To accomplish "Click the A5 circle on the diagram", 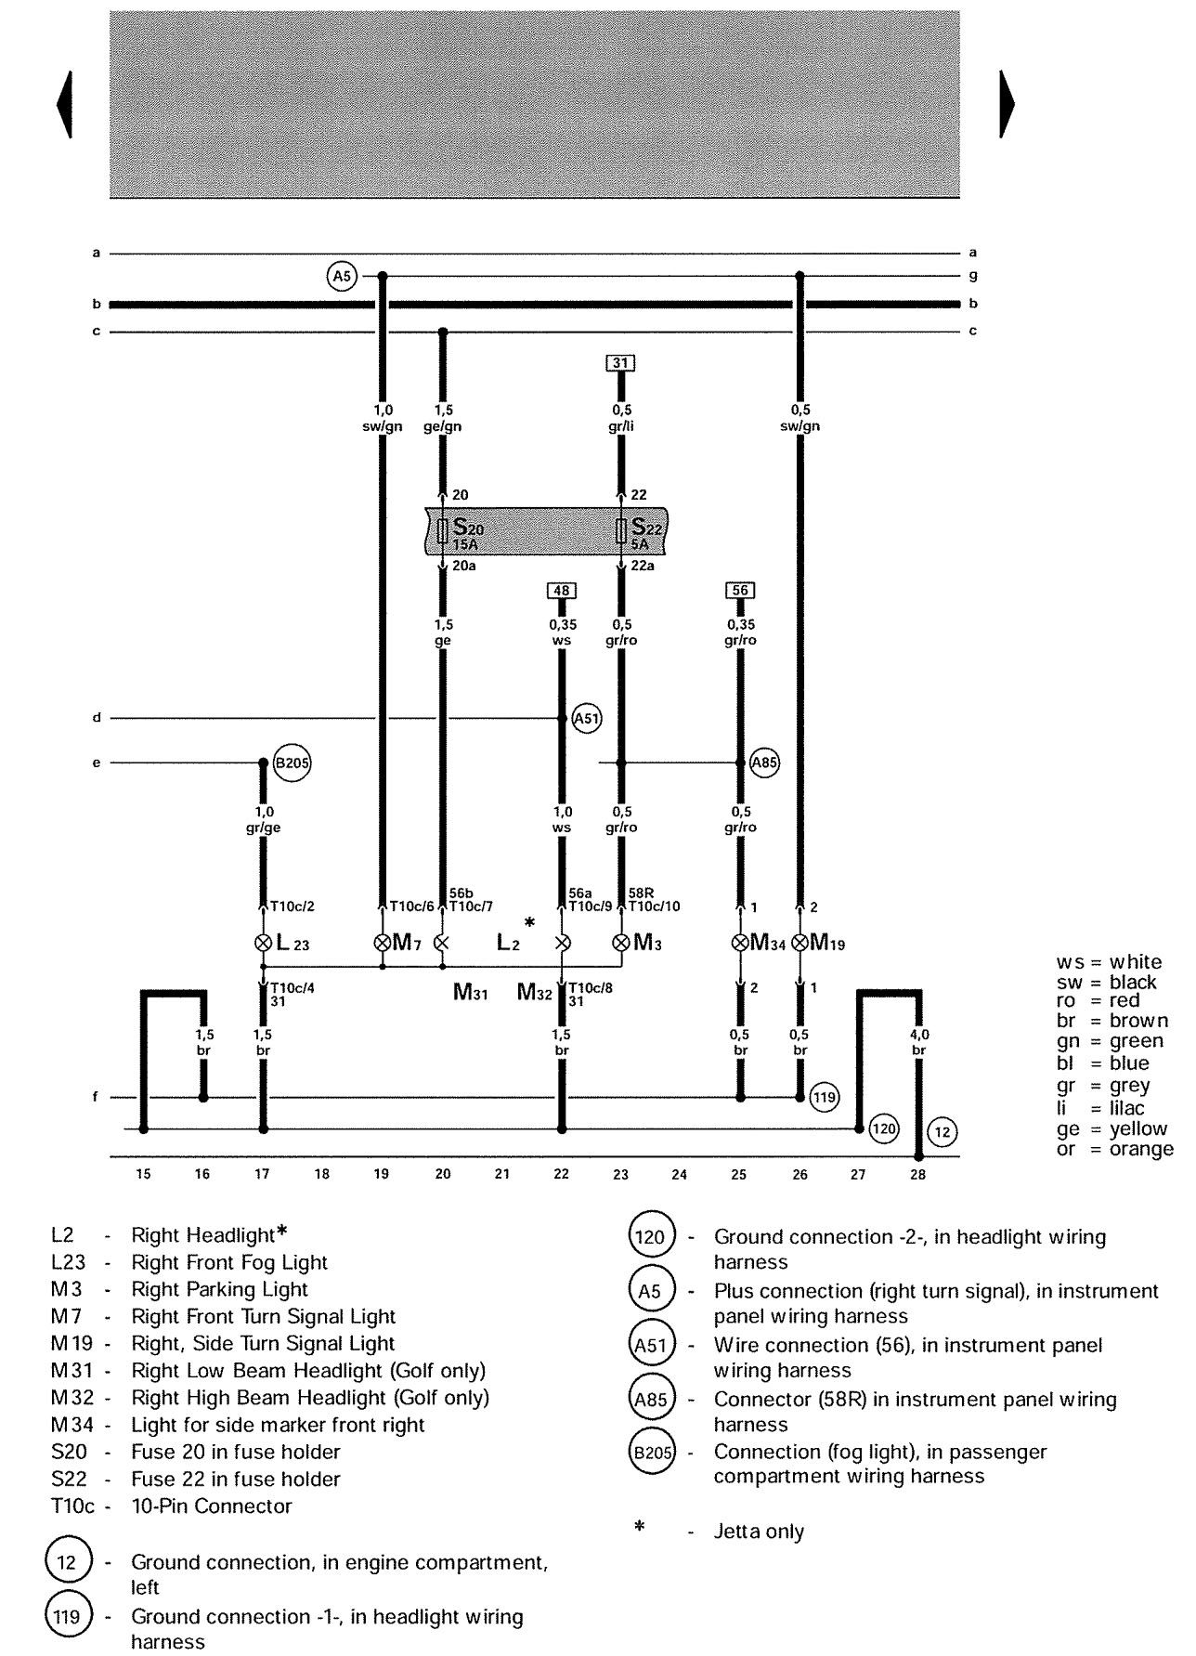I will coord(343,276).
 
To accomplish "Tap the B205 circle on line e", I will coord(292,764).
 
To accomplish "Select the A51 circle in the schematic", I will coord(587,718).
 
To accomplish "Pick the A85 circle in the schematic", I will coord(764,763).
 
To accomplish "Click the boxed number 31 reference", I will coord(621,363).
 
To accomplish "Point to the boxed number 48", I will coord(561,591).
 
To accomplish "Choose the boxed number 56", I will coord(739,591).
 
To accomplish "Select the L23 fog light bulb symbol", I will coord(263,943).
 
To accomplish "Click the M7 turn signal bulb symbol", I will coord(382,943).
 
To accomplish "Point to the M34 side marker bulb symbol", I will coord(740,943).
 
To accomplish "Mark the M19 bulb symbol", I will coord(799,943).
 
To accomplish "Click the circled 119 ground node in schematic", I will coord(824,1098).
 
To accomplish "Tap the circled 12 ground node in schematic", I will coord(942,1131).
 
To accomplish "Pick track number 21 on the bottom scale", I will coord(501,1174).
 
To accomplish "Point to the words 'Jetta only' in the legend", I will coord(759,1532).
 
